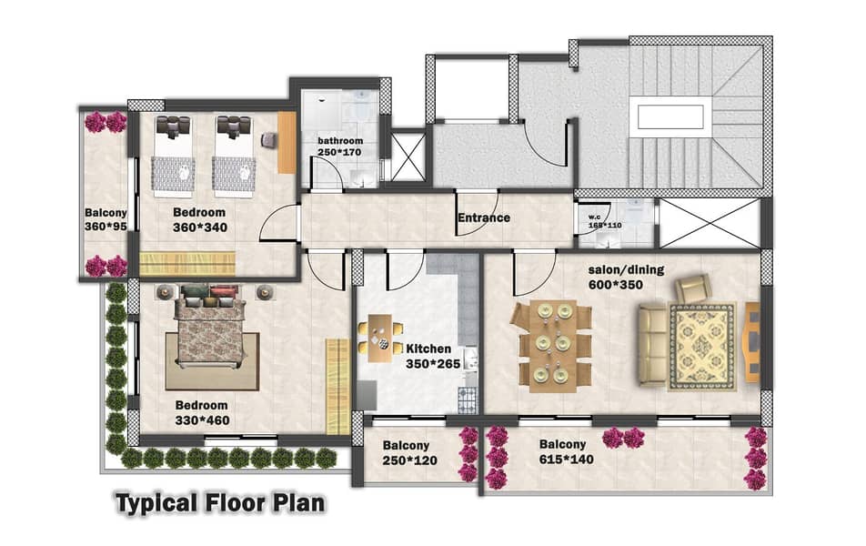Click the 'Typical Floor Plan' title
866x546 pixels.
tap(220, 503)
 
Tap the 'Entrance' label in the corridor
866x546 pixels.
tap(484, 217)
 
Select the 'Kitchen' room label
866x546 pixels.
tap(428, 349)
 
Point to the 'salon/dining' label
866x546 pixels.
tap(626, 270)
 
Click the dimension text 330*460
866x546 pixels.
tap(202, 420)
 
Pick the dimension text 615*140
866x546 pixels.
tap(567, 460)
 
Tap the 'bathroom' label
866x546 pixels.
tap(340, 141)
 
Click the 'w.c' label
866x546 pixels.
tap(594, 217)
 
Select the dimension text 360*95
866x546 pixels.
tap(106, 227)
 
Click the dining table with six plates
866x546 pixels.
tap(552, 347)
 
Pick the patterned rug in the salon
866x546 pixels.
tap(702, 347)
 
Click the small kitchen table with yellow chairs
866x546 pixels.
tap(380, 339)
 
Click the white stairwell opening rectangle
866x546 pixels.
tap(670, 117)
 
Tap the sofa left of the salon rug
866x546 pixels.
tap(651, 344)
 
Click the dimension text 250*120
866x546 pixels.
tap(409, 460)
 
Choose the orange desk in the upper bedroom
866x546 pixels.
tap(287, 143)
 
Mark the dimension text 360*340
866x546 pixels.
tap(200, 227)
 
